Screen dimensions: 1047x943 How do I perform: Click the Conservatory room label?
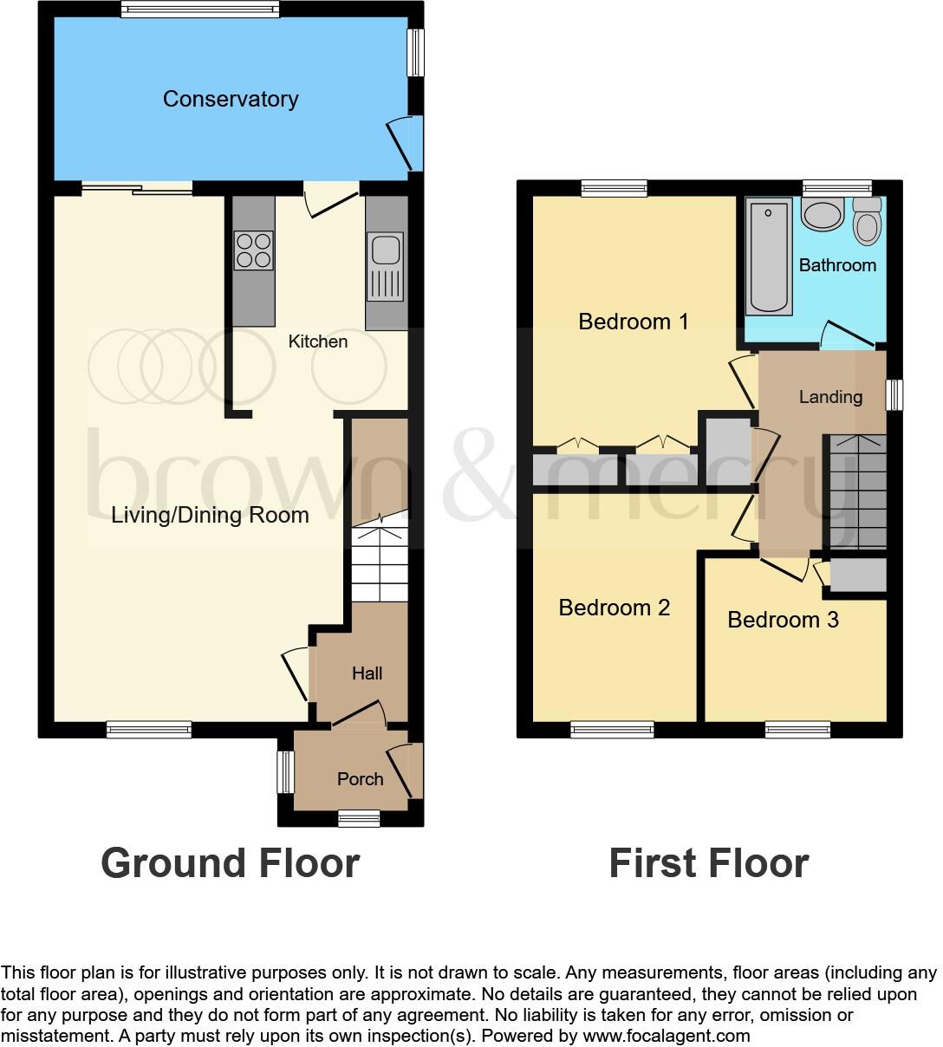(231, 99)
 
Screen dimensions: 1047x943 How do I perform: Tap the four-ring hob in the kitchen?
(253, 250)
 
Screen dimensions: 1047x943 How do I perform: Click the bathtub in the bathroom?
(769, 256)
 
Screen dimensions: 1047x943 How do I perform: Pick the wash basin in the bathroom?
(822, 214)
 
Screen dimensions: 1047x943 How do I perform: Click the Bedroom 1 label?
(633, 322)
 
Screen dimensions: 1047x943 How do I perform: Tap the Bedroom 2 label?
(614, 608)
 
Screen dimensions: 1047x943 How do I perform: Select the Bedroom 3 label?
(783, 620)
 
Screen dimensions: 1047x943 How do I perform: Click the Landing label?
(830, 397)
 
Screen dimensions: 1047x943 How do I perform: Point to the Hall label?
(367, 673)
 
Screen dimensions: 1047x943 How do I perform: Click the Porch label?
(360, 779)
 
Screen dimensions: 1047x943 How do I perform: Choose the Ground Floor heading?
(230, 863)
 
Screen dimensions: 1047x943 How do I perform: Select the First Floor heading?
(708, 863)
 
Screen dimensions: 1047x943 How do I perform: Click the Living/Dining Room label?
(210, 515)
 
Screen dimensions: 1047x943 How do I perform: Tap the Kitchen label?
(318, 341)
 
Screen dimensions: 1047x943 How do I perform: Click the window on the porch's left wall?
(285, 771)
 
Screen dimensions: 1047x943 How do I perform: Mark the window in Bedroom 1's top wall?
(614, 188)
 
